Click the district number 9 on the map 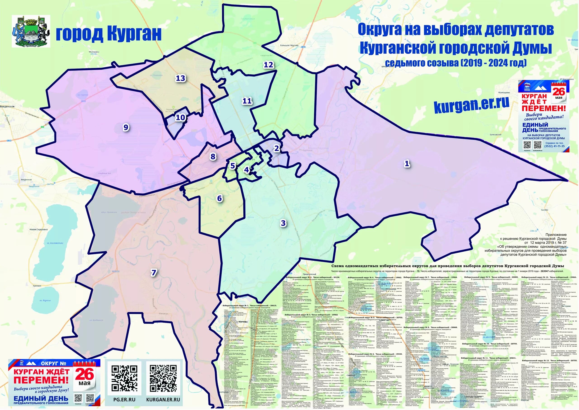pos(126,128)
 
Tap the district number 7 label pos(154,273)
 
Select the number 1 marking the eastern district pos(407,164)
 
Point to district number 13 pos(180,78)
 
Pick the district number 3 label pos(283,223)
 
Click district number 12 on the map pos(268,65)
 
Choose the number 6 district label pos(220,198)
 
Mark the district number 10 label pos(180,117)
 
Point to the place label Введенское pos(7,107)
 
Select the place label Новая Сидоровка pos(39,230)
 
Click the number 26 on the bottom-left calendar pos(84,374)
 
